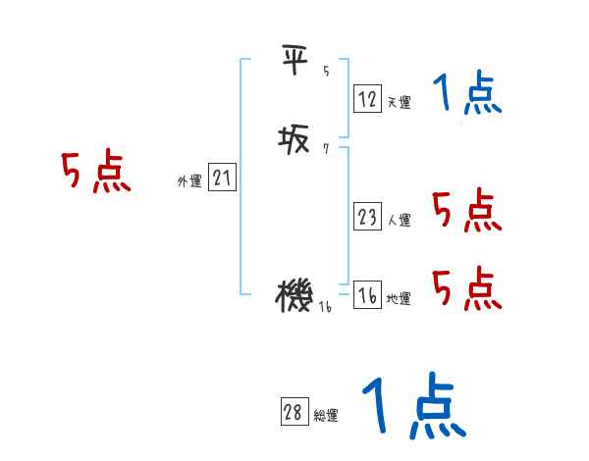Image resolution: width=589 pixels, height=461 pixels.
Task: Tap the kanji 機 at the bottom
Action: (x=294, y=295)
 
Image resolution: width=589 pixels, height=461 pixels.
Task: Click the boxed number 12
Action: (x=367, y=99)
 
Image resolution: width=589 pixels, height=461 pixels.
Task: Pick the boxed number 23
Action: (x=367, y=217)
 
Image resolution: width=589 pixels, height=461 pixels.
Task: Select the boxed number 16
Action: (x=367, y=296)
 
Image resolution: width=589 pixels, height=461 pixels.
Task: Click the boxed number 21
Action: (x=222, y=179)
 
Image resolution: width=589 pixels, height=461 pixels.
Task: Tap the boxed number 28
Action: (x=293, y=413)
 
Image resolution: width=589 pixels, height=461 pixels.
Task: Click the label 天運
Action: (x=399, y=102)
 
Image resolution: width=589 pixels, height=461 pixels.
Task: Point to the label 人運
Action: (x=399, y=220)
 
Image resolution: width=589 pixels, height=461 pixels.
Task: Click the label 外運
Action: (x=189, y=181)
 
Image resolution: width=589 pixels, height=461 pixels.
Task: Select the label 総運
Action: (x=325, y=416)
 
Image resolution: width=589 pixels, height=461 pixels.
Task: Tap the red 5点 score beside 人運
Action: (x=466, y=210)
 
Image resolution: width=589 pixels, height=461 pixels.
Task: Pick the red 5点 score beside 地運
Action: (x=466, y=288)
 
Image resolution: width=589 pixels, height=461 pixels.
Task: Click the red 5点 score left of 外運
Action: (x=95, y=173)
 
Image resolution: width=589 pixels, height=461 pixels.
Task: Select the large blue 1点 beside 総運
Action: (x=412, y=405)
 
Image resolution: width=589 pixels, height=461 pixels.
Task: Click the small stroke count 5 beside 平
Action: (x=326, y=71)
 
